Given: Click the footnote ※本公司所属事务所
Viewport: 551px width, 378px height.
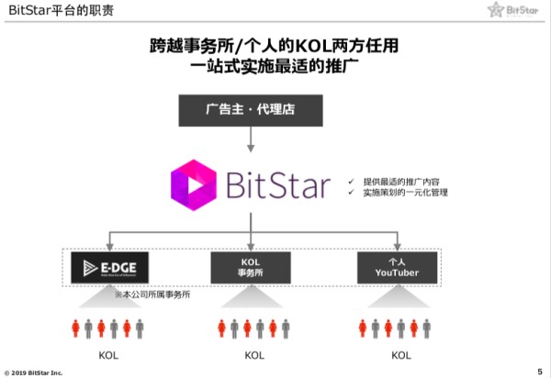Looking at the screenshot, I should pyautogui.click(x=152, y=295).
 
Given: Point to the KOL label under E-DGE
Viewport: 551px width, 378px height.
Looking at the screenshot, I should pyautogui.click(x=108, y=355).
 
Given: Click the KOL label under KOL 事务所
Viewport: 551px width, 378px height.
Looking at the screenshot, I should pyautogui.click(x=254, y=355).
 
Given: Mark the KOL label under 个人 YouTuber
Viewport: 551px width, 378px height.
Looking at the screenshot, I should pyautogui.click(x=400, y=355).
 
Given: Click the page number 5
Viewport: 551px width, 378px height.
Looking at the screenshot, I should pyautogui.click(x=539, y=370).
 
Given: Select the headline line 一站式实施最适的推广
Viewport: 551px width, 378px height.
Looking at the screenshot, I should pyautogui.click(x=275, y=67).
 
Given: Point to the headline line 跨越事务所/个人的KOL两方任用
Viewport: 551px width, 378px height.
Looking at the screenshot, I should pyautogui.click(x=275, y=45).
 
